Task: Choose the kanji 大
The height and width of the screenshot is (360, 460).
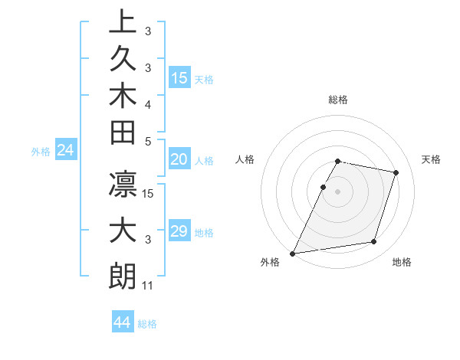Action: tap(123, 231)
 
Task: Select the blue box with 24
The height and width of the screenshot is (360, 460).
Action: tap(66, 151)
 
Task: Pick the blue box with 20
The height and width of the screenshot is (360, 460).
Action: tap(179, 159)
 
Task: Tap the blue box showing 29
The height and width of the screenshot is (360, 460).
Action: tap(179, 231)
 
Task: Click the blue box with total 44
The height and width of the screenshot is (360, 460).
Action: tap(123, 322)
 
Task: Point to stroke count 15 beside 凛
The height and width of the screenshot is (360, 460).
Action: tap(149, 193)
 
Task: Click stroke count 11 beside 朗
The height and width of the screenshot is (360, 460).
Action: tap(148, 286)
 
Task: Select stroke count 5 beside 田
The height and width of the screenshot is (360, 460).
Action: tap(148, 141)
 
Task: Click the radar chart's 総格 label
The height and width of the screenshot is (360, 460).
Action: tap(338, 100)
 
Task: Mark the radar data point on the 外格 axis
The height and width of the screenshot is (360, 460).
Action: tap(293, 253)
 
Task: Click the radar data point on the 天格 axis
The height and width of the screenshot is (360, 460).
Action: tap(396, 172)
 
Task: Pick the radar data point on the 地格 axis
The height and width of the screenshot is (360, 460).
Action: tap(374, 242)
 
